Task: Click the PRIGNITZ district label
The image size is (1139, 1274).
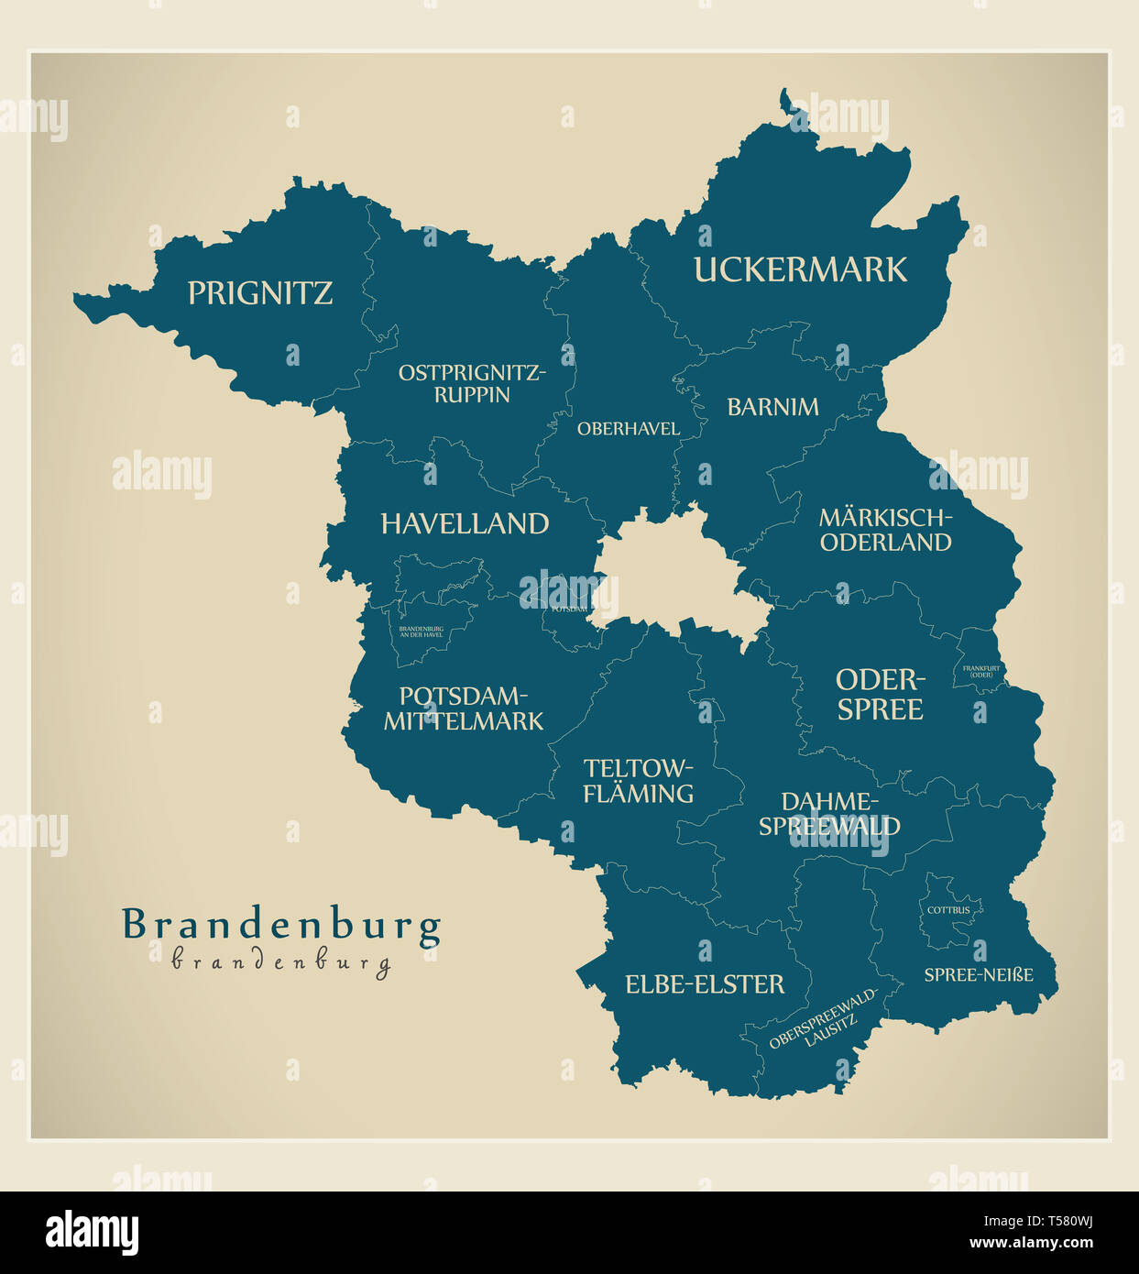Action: click(259, 293)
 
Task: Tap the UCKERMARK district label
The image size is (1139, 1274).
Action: click(800, 269)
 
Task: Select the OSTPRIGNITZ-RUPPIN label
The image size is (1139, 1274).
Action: click(472, 384)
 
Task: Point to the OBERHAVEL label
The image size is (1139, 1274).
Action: click(628, 428)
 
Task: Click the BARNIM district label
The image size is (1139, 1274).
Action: click(772, 407)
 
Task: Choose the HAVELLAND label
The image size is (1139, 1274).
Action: click(465, 524)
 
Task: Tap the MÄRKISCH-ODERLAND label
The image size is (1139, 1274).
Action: click(885, 530)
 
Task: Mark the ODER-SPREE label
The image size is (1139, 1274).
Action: click(880, 694)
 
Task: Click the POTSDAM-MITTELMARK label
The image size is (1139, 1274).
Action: click(464, 708)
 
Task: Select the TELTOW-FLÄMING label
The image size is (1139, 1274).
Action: click(639, 781)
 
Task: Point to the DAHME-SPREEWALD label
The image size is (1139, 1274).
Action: click(829, 814)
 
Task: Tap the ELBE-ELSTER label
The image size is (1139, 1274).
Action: click(705, 984)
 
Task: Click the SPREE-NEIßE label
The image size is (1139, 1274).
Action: click(978, 974)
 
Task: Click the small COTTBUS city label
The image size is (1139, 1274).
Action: click(948, 910)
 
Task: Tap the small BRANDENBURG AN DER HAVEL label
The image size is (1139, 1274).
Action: click(421, 632)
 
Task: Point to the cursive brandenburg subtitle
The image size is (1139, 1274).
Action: click(281, 961)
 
